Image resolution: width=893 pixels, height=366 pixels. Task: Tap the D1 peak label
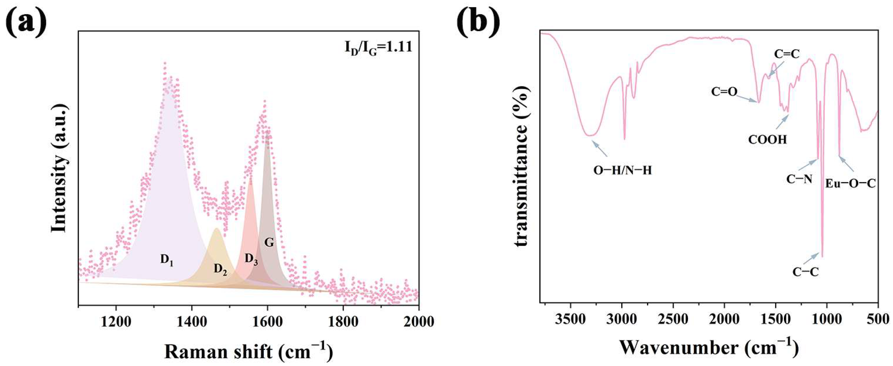pyautogui.click(x=167, y=260)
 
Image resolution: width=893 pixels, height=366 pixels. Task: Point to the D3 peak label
pyautogui.click(x=251, y=259)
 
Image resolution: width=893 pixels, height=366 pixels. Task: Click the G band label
pyautogui.click(x=269, y=243)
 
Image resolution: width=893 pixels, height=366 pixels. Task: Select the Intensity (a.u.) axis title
pyautogui.click(x=59, y=168)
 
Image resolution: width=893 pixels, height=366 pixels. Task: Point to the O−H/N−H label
pyautogui.click(x=623, y=171)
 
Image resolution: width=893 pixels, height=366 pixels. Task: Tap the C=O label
pyautogui.click(x=724, y=92)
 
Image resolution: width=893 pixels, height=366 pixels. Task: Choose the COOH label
pyautogui.click(x=768, y=140)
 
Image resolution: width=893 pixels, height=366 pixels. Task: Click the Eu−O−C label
pyautogui.click(x=850, y=183)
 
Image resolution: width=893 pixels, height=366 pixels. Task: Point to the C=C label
pyautogui.click(x=787, y=54)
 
